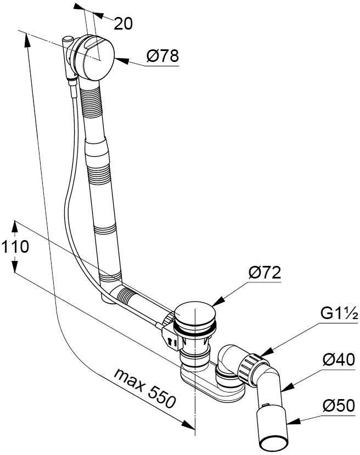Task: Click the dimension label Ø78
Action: click(162, 56)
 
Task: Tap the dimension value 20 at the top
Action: click(123, 24)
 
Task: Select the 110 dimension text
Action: click(15, 247)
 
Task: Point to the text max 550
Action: click(145, 388)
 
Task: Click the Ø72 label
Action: click(265, 273)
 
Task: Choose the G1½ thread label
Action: click(339, 314)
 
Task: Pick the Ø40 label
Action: click(339, 360)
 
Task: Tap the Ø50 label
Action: click(339, 405)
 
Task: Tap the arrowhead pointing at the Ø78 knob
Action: click(122, 60)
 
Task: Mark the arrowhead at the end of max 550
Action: click(188, 424)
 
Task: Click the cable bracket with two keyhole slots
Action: click(172, 338)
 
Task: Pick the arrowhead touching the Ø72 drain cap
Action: click(218, 301)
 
